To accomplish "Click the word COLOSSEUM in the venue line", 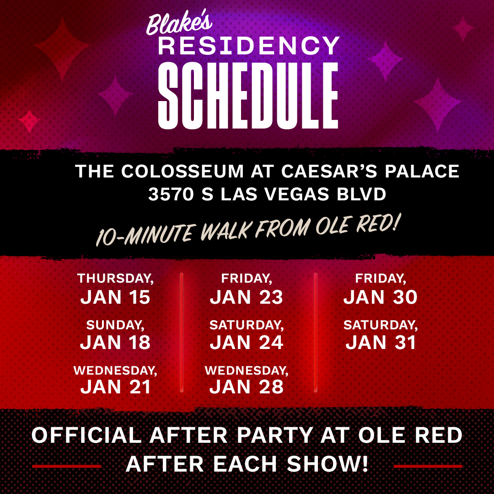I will [183, 172].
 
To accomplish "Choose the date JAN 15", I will [115, 297].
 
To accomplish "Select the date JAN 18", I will [115, 343].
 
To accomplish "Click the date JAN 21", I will [115, 387].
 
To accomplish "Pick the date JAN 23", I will [247, 297].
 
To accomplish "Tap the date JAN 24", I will [247, 343].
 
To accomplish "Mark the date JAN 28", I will [247, 387].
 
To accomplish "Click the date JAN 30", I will [381, 297].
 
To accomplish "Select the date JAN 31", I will [381, 343].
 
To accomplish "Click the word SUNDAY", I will [115, 325].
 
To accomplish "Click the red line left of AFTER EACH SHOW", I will [67, 466].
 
